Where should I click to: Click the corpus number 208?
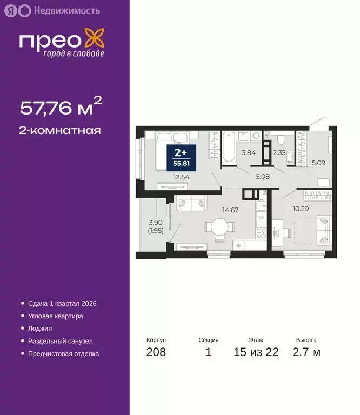pyautogui.click(x=156, y=353)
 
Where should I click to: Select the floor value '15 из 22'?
pyautogui.click(x=256, y=353)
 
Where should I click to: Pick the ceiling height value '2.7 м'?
pyautogui.click(x=306, y=353)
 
